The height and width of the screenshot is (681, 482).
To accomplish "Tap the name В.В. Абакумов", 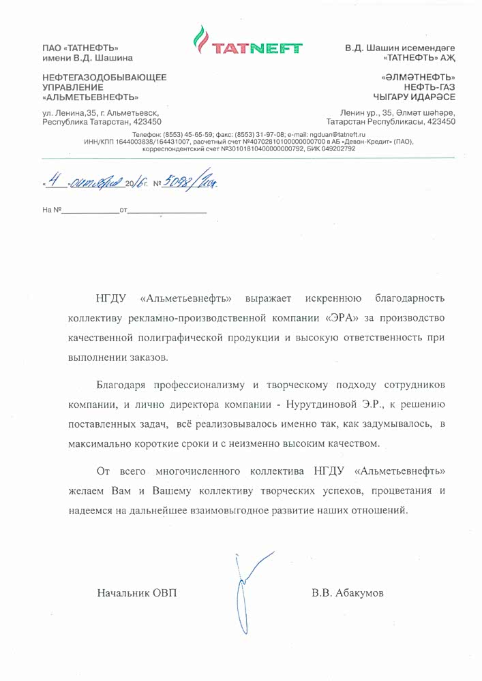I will click(x=348, y=593).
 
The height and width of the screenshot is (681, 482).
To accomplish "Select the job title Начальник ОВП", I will click(x=137, y=593).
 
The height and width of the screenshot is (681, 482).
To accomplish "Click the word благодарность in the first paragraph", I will click(x=410, y=299).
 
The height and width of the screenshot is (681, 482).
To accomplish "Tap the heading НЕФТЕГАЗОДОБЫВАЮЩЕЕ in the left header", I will click(x=104, y=78).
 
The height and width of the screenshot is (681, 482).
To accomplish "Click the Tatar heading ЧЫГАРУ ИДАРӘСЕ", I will click(x=414, y=97).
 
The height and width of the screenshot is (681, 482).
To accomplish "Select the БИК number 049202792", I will click(x=333, y=148).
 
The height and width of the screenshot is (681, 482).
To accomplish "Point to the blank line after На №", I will click(x=89, y=214).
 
